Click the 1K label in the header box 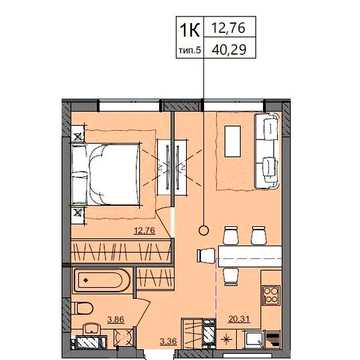(x=190, y=30)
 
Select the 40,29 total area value (x=229, y=49)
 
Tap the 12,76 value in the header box (x=229, y=28)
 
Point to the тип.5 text (x=190, y=50)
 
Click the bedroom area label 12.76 (x=145, y=231)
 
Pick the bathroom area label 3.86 (x=115, y=320)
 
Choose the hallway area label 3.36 (x=168, y=341)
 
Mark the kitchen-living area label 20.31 (x=239, y=319)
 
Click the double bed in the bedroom (x=105, y=174)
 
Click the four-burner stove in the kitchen (x=270, y=295)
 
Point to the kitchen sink (x=254, y=340)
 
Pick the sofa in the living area (x=267, y=151)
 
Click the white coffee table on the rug (x=233, y=141)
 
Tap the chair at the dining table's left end (x=207, y=256)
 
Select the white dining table (x=250, y=256)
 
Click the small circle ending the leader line (x=203, y=230)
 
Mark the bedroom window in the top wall (x=129, y=106)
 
